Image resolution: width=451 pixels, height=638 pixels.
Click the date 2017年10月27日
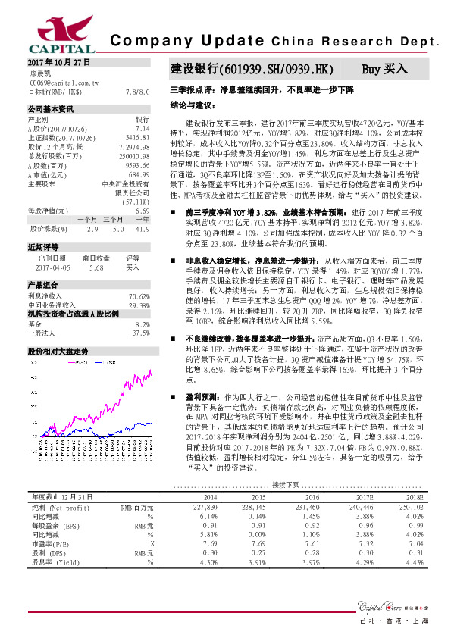point(59,61)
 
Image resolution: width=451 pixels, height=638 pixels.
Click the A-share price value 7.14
point(150,128)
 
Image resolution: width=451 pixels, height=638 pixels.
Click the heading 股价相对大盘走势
point(58,352)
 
